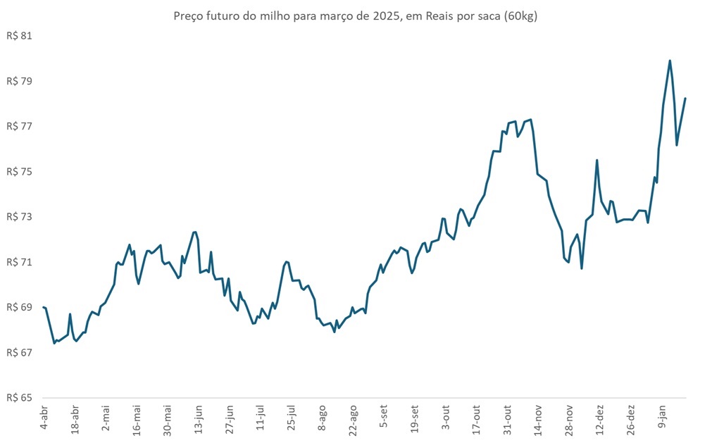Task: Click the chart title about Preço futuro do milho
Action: pos(355,16)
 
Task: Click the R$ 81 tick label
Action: pos(20,36)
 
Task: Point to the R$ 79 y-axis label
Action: pos(20,81)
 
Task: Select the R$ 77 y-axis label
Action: pos(20,126)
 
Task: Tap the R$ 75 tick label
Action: pos(20,171)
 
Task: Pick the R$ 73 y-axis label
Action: pos(20,216)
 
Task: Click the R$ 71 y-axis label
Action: pos(20,262)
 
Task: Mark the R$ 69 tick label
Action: pos(20,307)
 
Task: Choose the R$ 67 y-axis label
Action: pos(20,352)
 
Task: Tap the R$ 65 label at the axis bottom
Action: pos(20,397)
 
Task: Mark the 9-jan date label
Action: pos(662,418)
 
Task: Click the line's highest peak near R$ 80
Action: pos(670,61)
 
